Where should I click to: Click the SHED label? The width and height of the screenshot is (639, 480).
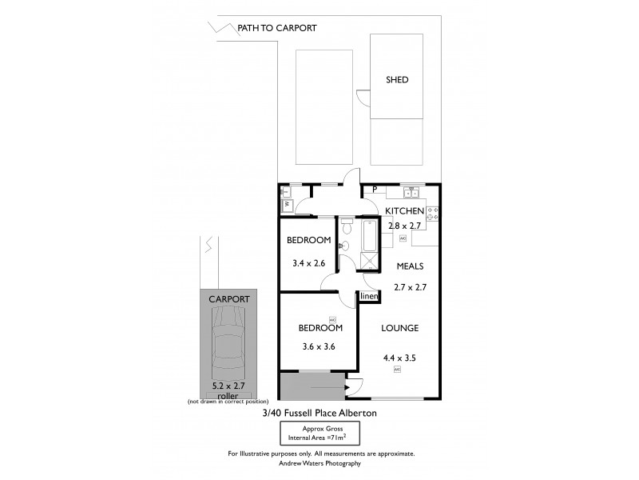point(397,80)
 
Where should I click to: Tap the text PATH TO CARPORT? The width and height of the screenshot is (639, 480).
point(277,28)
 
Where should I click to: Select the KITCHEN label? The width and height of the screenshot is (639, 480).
point(404,210)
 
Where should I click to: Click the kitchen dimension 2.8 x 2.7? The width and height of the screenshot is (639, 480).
point(404,226)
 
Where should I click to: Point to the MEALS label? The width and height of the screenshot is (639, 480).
point(408,266)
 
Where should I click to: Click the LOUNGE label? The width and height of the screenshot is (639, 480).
point(399,328)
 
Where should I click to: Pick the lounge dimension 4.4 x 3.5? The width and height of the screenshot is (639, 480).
point(399,358)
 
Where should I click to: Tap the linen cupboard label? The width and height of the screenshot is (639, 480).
point(368,297)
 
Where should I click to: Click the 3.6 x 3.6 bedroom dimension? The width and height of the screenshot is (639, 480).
point(319,346)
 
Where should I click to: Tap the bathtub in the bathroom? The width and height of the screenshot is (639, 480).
point(369,234)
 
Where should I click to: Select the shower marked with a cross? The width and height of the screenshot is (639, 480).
point(369,260)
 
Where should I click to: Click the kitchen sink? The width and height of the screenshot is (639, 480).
point(411,192)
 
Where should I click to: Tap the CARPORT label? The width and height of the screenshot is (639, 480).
point(228,298)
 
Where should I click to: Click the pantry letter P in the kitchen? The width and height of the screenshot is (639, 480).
point(374,190)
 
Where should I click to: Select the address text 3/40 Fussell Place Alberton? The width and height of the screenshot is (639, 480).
point(319,413)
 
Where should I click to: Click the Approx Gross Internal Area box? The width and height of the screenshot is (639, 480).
point(319,434)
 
